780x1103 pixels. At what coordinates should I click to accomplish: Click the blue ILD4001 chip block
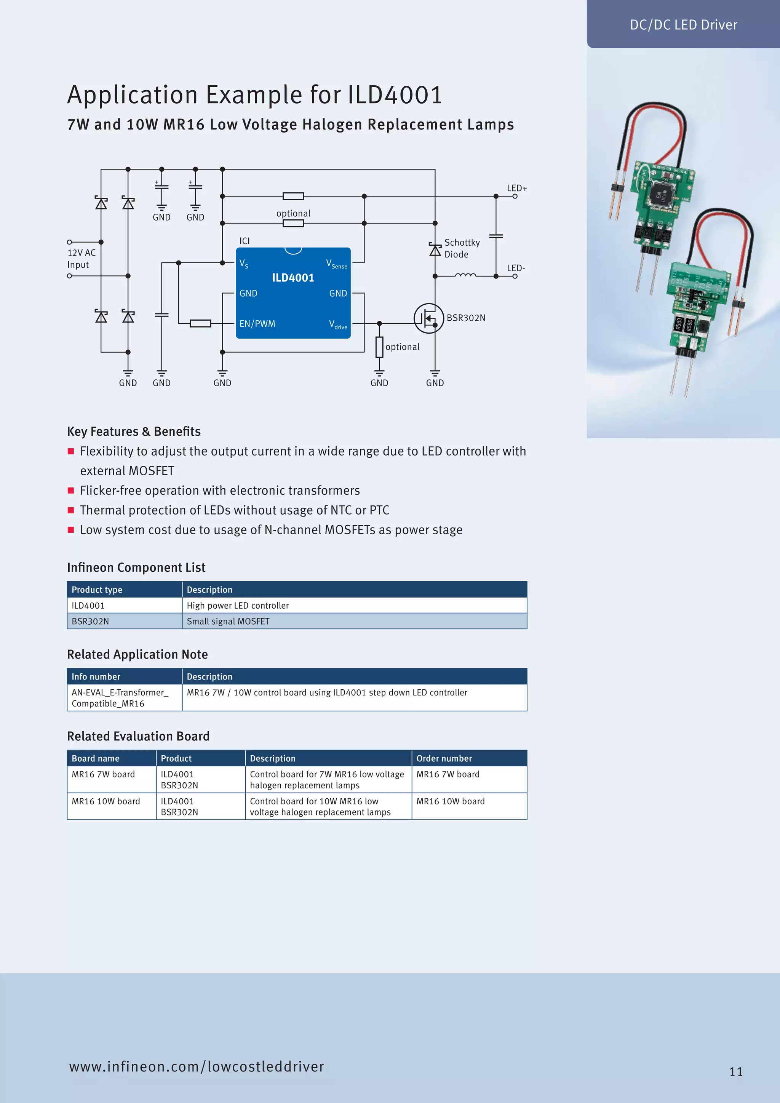[x=293, y=293]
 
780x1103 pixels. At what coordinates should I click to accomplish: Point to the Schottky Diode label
[x=462, y=248]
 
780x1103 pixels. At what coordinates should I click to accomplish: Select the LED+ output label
[x=517, y=188]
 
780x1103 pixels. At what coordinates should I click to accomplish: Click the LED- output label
[x=516, y=268]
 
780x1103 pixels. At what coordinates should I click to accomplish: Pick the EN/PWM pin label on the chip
[x=257, y=324]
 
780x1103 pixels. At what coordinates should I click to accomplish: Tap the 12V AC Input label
[x=81, y=259]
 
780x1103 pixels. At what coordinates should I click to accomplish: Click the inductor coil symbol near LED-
[x=465, y=275]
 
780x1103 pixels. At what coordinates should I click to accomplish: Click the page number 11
[x=736, y=1071]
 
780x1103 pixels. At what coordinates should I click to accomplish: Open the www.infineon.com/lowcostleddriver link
[x=197, y=1066]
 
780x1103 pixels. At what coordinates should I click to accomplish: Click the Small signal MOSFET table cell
[x=228, y=621]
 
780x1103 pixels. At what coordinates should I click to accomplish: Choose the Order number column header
[x=444, y=758]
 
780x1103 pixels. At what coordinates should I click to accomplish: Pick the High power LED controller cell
[x=238, y=605]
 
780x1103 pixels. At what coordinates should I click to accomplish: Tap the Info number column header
[x=96, y=676]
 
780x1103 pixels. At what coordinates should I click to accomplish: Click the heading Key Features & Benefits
[x=134, y=432]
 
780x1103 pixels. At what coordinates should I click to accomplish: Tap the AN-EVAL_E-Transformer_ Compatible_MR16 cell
[x=120, y=697]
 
